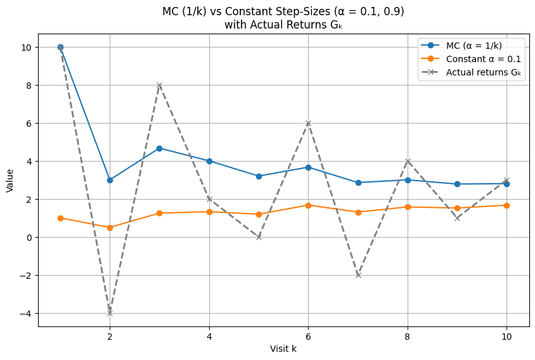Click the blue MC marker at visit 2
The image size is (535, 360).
tap(110, 180)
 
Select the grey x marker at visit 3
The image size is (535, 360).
tap(159, 85)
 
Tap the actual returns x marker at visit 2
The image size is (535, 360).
tap(110, 313)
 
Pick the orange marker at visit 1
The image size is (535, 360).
tap(60, 218)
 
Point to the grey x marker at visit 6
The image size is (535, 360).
tap(308, 123)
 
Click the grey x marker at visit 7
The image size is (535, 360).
tap(358, 275)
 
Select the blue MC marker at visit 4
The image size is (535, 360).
tap(209, 161)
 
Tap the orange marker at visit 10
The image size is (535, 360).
tap(506, 205)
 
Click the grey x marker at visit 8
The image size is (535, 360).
tap(408, 161)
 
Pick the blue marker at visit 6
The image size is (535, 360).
tap(308, 167)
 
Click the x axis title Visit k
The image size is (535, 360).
tap(283, 349)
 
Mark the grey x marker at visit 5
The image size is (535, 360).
tap(259, 237)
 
